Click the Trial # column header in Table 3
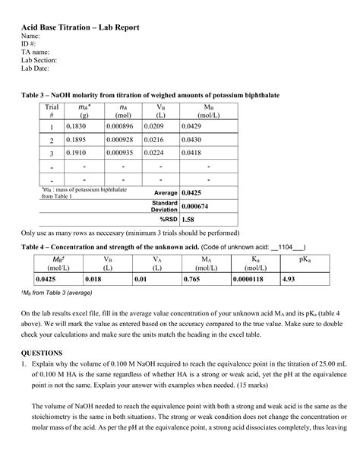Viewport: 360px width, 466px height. click(x=52, y=111)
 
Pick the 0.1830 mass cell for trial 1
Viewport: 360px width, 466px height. click(x=77, y=125)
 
